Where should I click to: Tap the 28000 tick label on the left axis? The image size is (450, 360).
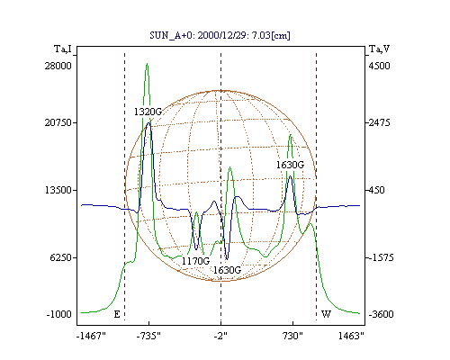coord(58,66)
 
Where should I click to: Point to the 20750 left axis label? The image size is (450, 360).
coord(58,122)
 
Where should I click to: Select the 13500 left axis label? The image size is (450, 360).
coord(58,190)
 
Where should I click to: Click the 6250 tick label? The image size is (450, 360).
coord(61,257)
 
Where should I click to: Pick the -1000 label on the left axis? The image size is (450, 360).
coord(58,314)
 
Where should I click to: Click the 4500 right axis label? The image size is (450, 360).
coord(379,66)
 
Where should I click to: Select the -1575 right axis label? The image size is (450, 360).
coord(381,257)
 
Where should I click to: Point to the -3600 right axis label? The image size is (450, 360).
coord(381,314)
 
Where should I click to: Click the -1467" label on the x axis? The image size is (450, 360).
coord(91,336)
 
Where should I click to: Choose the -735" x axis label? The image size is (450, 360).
coord(148,336)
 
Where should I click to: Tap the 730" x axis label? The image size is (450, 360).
coord(292,336)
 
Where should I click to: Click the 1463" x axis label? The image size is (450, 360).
coord(351,336)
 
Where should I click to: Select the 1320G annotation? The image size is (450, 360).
coord(148,112)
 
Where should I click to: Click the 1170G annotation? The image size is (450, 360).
coord(195,261)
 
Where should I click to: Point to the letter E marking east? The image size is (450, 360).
coord(117,314)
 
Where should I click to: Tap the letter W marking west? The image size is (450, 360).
coord(326,314)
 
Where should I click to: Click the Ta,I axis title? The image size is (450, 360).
coord(63,49)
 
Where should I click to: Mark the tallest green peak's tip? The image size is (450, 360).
coord(147,63)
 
